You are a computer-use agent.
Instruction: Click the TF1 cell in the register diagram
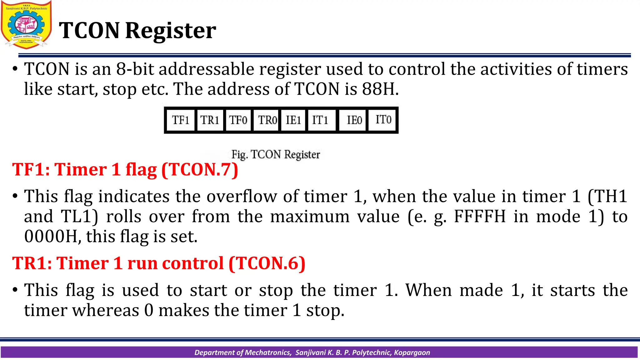coord(181,120)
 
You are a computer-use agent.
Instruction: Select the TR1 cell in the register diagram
coord(209,120)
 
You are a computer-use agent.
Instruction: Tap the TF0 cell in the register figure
coord(238,120)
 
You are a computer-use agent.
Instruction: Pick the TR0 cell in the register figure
coord(267,120)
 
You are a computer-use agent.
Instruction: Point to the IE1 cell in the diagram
coord(293,120)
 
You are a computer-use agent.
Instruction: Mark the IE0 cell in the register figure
coord(354,120)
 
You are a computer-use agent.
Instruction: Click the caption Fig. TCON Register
coord(276,154)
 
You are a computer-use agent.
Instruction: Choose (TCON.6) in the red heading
coord(267,263)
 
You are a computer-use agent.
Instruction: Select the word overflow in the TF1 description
coord(242,197)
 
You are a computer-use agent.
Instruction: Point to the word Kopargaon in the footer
coord(412,352)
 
